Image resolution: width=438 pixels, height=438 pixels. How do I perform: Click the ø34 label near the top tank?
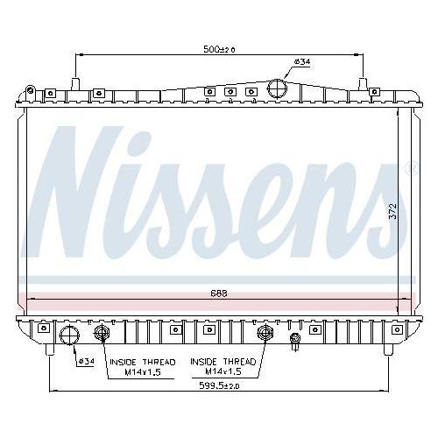pos(301,61)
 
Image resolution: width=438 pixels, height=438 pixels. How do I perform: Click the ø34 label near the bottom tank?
pos(86,361)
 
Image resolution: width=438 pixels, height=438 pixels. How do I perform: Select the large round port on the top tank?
pos(278,89)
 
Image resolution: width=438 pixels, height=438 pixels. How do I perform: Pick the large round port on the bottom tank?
pos(67,335)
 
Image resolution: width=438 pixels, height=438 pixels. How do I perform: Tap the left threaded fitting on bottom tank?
pos(101,333)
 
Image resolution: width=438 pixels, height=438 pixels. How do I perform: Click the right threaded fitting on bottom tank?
pos(265,333)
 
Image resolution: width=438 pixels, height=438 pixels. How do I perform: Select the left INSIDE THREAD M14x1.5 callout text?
pos(142,366)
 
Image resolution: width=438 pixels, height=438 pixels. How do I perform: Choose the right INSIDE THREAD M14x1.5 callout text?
pos(223,366)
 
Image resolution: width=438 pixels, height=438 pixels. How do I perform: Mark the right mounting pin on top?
pos(363,84)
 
